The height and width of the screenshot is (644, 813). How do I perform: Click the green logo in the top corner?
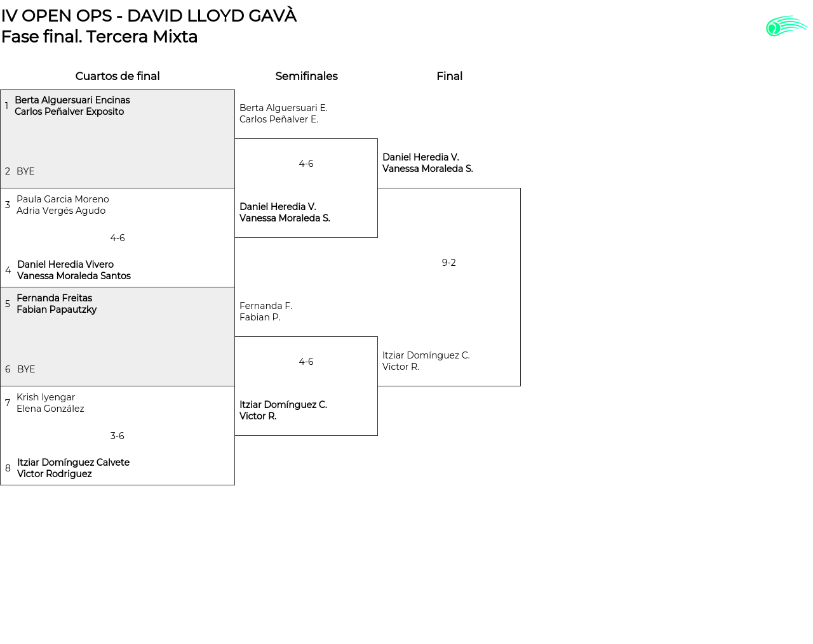(x=786, y=27)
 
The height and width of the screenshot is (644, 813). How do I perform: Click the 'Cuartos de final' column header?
(x=118, y=76)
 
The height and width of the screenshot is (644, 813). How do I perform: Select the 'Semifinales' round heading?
(x=306, y=76)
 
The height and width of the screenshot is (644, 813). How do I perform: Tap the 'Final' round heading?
(x=449, y=76)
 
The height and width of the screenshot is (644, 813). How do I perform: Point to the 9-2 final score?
(x=448, y=263)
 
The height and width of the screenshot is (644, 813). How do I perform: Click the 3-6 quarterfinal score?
(x=118, y=436)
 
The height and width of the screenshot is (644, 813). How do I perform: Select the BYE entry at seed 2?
(x=25, y=171)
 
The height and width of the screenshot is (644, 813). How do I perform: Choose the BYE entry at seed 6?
(x=26, y=369)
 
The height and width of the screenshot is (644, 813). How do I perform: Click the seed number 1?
(x=7, y=106)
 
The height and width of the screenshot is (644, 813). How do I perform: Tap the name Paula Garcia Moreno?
(x=63, y=199)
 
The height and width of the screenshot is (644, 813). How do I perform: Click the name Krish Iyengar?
(x=46, y=397)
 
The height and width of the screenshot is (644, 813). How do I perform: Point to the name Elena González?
(x=50, y=409)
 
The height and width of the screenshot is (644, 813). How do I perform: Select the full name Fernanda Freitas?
(x=55, y=298)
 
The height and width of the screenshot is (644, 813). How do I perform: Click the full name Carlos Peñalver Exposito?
(x=69, y=112)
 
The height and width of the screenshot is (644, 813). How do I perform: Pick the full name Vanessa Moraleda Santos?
(x=74, y=276)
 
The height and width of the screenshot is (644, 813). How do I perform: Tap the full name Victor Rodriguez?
(x=55, y=474)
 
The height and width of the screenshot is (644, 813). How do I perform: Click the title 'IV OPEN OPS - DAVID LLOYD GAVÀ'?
(x=149, y=16)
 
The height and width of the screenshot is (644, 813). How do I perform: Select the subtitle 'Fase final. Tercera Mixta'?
(x=99, y=37)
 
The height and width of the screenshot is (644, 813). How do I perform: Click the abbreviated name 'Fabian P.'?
(x=260, y=317)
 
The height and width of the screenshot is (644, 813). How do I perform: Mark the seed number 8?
(x=8, y=468)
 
